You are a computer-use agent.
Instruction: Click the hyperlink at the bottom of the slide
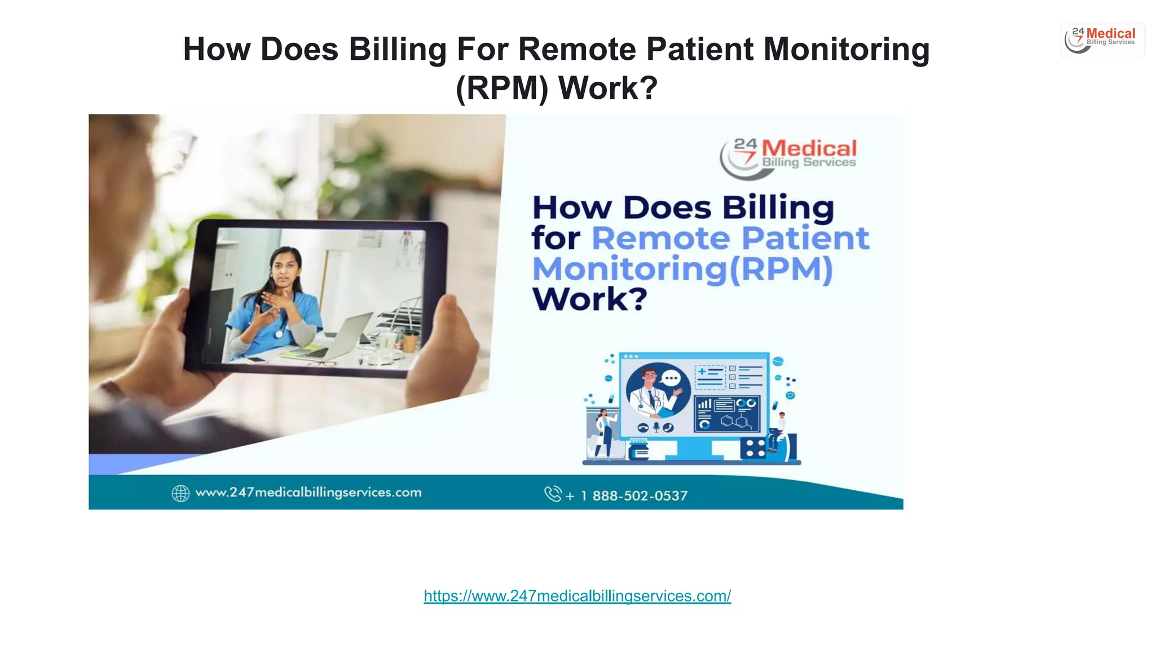[x=577, y=596]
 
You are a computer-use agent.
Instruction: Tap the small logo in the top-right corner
[x=1102, y=39]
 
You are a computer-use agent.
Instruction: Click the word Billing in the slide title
[x=398, y=49]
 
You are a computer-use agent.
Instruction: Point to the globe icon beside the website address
[x=180, y=493]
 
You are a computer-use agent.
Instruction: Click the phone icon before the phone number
[x=552, y=494]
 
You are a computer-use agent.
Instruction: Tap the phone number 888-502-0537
[x=640, y=496]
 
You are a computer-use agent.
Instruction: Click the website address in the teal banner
[x=308, y=493]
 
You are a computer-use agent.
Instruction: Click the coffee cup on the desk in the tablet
[x=411, y=340]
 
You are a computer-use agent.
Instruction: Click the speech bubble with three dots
[x=671, y=378]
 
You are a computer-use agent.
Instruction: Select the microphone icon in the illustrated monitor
[x=656, y=427]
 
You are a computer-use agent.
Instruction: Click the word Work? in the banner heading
[x=589, y=299]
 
